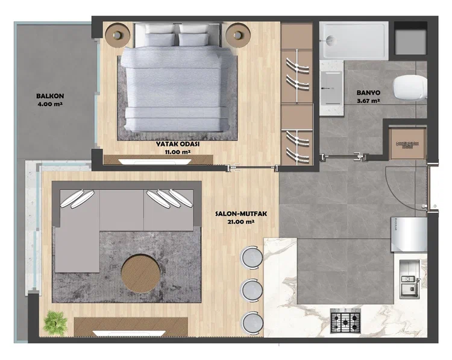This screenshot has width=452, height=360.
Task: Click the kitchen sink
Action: click(x=409, y=278)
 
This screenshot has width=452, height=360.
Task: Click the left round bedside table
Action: click(x=118, y=34)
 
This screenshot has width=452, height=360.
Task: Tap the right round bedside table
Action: click(x=239, y=34)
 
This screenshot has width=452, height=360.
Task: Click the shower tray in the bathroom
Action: click(x=353, y=39)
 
